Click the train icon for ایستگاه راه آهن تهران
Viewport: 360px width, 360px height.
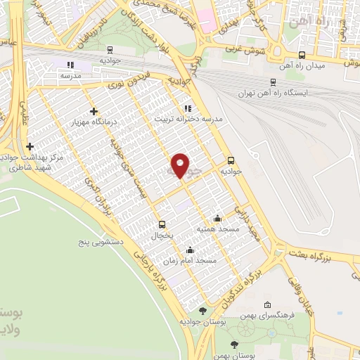click(274, 82)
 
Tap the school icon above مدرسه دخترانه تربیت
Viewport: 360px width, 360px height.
click(187, 108)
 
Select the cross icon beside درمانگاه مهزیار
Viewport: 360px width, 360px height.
click(94, 111)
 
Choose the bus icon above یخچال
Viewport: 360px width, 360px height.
click(163, 225)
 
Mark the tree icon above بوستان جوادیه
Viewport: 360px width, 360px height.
click(203, 310)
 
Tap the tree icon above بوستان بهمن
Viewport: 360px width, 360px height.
click(235, 345)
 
